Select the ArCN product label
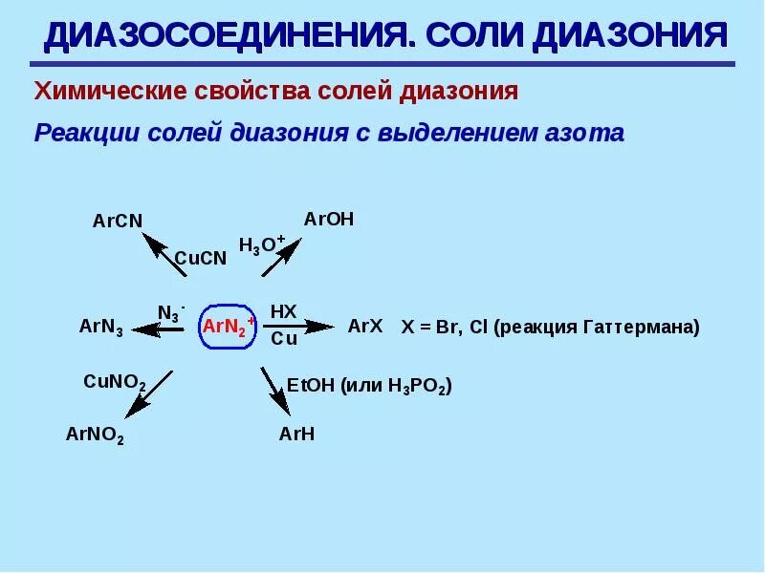(x=118, y=221)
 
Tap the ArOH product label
(x=329, y=220)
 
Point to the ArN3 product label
(x=100, y=328)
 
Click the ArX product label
(x=365, y=326)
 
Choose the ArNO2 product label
(x=95, y=435)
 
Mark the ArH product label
(x=296, y=435)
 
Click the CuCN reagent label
(x=200, y=258)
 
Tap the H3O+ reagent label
(x=261, y=245)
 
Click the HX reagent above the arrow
(x=284, y=311)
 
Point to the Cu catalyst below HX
(x=284, y=339)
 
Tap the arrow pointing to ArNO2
(x=149, y=393)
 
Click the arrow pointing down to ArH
(x=274, y=392)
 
